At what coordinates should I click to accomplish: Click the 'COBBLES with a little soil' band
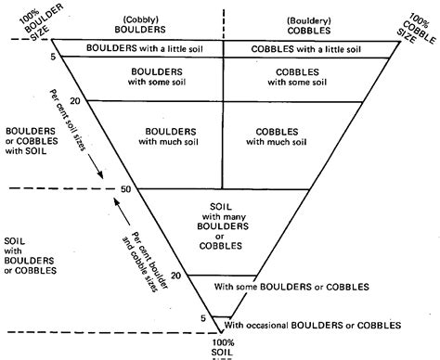coord(304,47)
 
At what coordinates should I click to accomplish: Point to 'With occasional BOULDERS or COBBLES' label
coord(312,325)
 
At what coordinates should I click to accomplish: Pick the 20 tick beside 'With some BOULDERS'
coord(175,276)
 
